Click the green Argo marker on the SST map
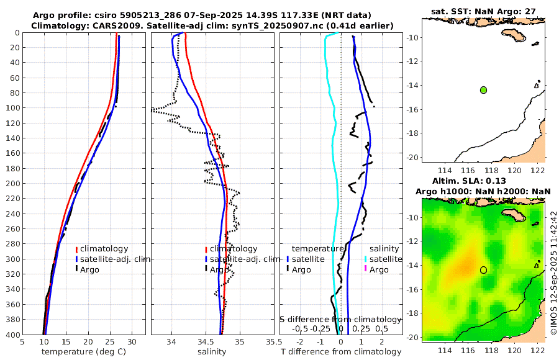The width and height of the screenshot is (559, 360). click(483, 90)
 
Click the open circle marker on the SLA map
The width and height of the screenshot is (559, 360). click(483, 269)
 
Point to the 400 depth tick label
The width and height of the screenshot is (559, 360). click(12, 335)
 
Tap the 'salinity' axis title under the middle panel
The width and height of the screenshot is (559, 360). click(211, 352)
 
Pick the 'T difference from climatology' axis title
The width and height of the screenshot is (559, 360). click(341, 352)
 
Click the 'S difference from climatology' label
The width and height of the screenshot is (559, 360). click(340, 318)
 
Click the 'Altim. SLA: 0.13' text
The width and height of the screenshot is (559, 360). click(483, 181)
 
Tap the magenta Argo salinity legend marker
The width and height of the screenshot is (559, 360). click(366, 269)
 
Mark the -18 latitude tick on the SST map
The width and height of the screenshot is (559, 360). click(413, 133)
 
